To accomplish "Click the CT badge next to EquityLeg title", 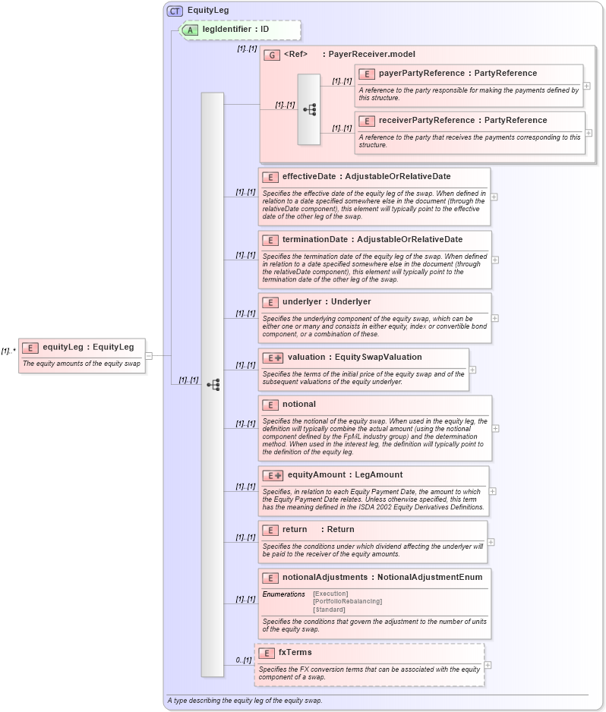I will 175,11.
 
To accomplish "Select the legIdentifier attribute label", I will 235,30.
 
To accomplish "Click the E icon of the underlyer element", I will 270,302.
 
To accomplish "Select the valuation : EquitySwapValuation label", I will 354,358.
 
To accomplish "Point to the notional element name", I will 299,405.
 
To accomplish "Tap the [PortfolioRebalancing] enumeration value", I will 347,601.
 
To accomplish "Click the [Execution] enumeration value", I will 330,594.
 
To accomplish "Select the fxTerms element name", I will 295,653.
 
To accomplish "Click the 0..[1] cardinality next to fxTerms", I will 243,660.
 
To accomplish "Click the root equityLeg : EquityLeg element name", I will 88,348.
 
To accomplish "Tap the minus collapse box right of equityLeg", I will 149,355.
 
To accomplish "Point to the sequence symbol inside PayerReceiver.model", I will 309,109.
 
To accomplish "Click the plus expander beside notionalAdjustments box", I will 495,604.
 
